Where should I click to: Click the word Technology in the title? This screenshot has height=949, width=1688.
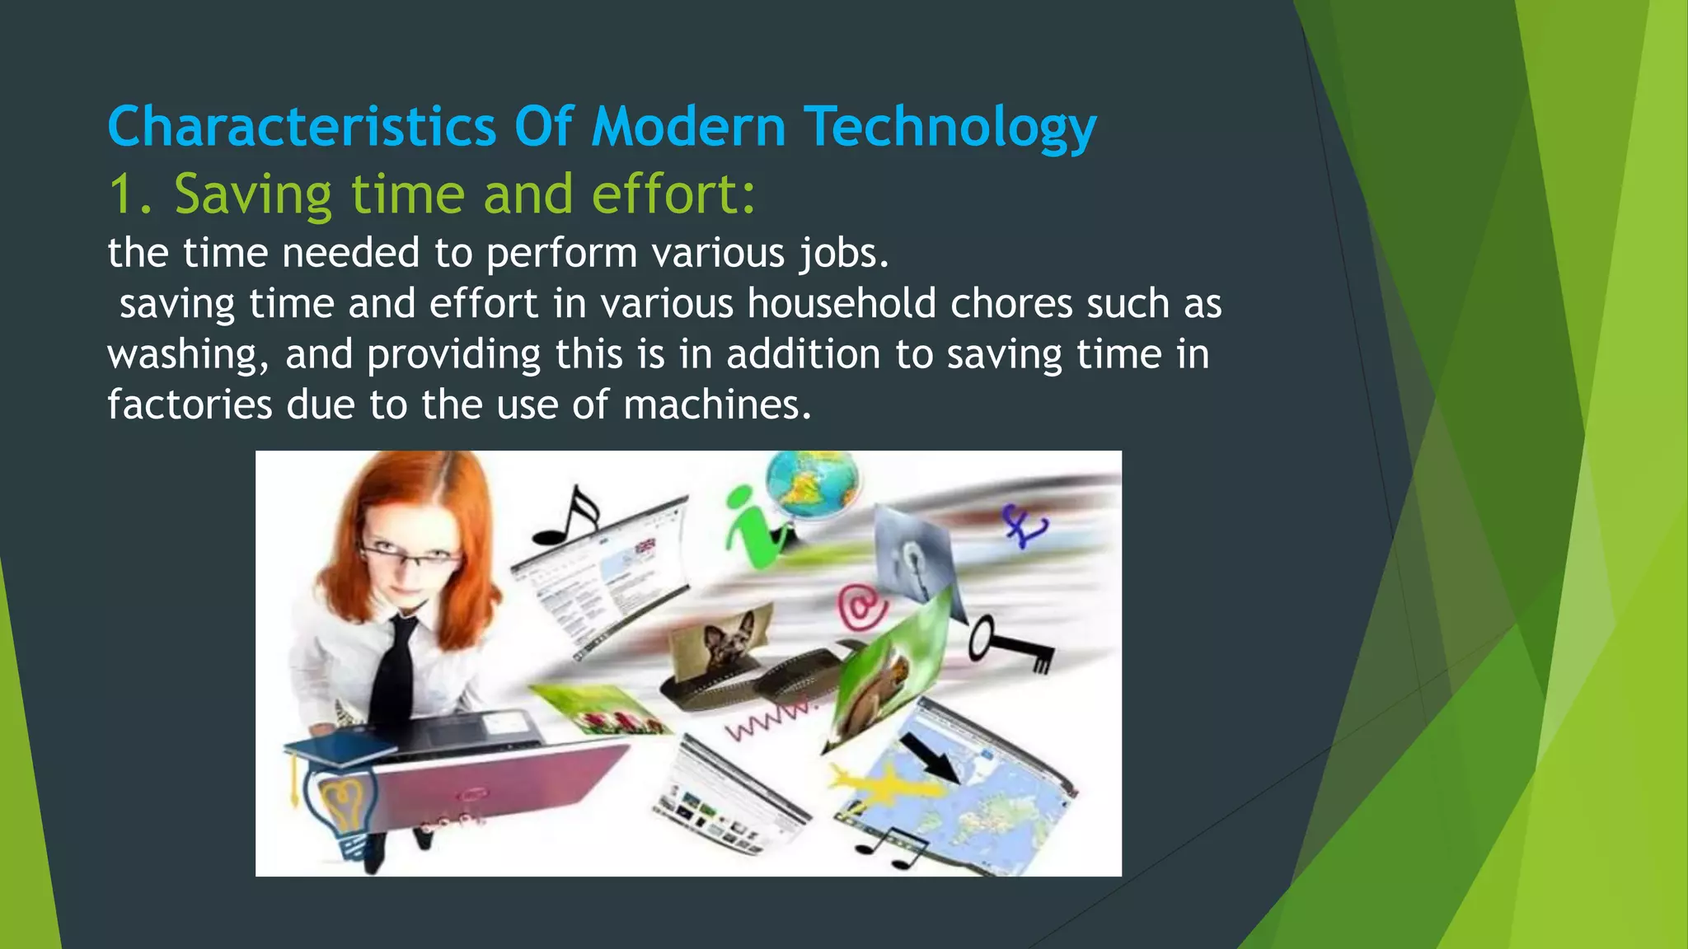click(949, 128)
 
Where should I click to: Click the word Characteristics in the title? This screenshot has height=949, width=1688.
click(302, 128)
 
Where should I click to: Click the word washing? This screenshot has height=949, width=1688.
click(183, 355)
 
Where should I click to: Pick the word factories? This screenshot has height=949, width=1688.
click(190, 405)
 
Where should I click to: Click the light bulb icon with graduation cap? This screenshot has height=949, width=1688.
click(338, 803)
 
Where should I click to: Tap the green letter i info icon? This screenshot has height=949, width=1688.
click(752, 527)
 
